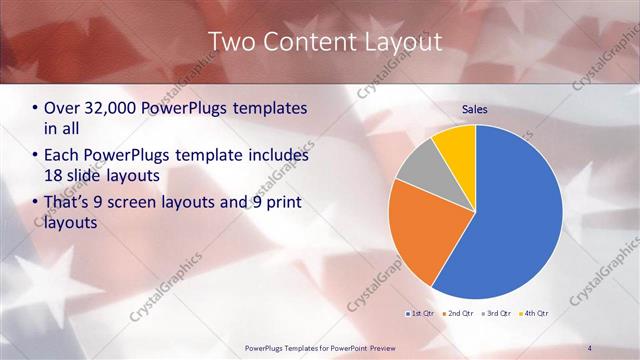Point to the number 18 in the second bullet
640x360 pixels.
click(x=55, y=176)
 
